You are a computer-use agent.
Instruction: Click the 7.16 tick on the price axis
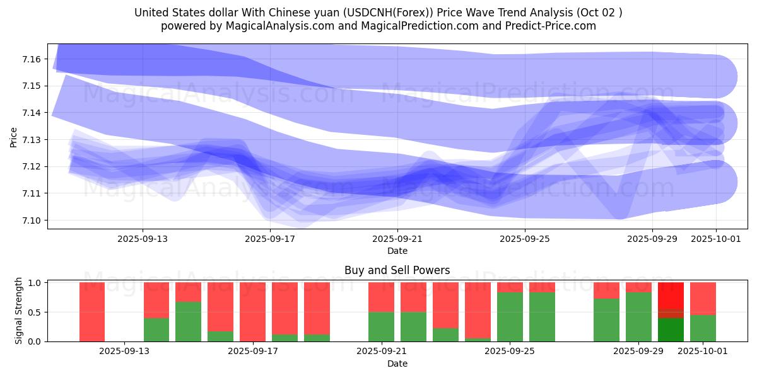click(x=32, y=59)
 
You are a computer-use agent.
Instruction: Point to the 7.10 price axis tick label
click(x=32, y=220)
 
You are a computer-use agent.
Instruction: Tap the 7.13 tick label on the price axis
click(x=32, y=140)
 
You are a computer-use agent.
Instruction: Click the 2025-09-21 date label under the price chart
click(x=397, y=239)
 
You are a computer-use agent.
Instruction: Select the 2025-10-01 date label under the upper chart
click(x=716, y=239)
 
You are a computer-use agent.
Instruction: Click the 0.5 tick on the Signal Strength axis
click(x=35, y=312)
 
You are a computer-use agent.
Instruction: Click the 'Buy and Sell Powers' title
click(x=397, y=270)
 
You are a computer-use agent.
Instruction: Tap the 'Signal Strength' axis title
click(x=19, y=311)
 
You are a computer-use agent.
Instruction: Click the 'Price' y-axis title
click(x=14, y=137)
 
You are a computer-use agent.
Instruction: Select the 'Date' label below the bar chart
click(x=397, y=364)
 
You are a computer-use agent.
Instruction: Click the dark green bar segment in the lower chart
click(x=671, y=329)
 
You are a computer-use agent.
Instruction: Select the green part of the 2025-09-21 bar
click(x=381, y=326)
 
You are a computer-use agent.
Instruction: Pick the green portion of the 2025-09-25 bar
click(x=510, y=317)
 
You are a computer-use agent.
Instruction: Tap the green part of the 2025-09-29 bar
click(x=638, y=317)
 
